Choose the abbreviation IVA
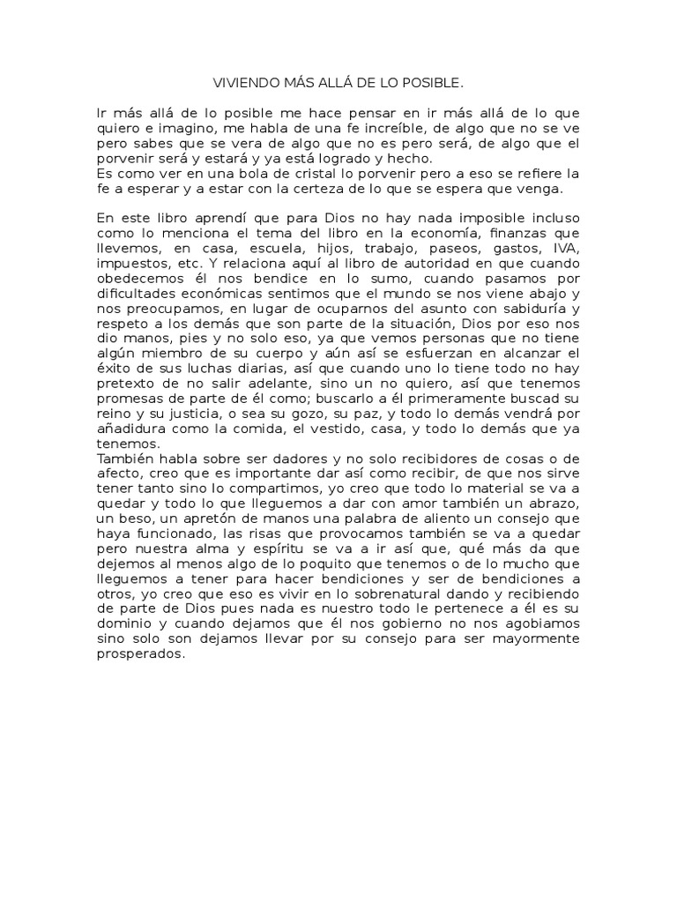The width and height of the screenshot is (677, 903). point(566,249)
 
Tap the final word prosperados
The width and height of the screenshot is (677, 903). point(141,658)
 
